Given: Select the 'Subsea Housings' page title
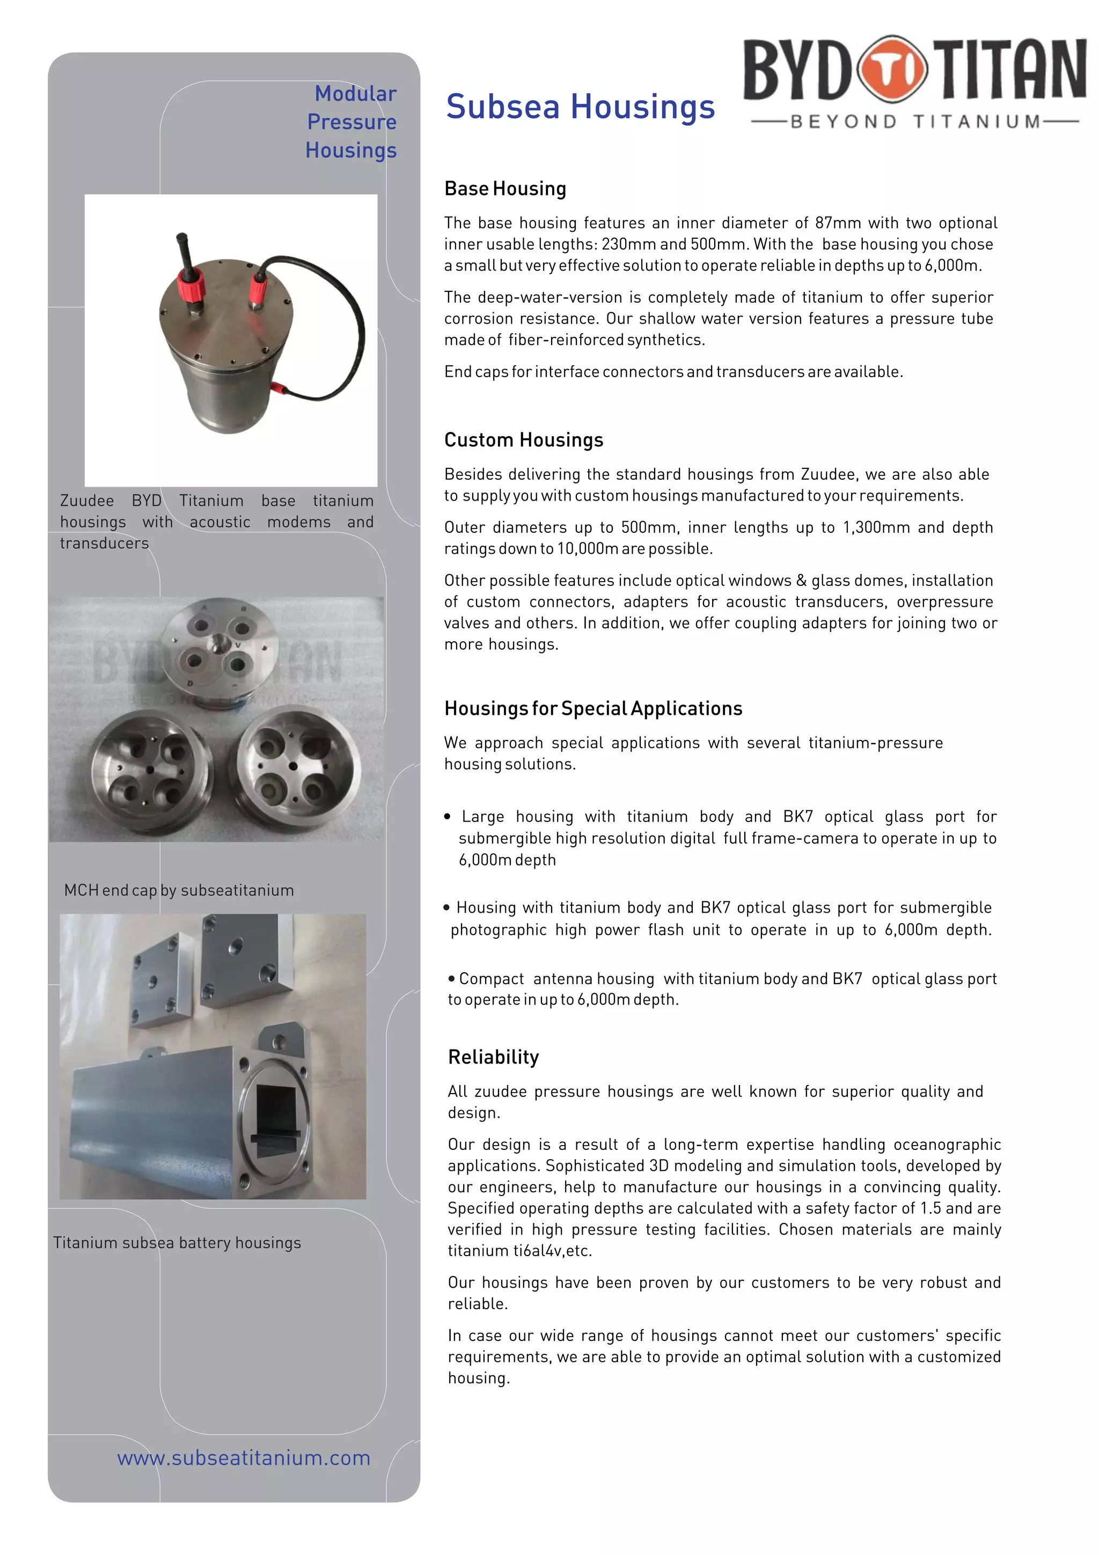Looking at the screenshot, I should pos(580,106).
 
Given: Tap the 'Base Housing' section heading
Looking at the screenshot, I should pos(505,188).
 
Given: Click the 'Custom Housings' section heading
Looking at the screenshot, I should pos(523,439).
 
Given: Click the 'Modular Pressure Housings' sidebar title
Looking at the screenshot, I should pos(351,122).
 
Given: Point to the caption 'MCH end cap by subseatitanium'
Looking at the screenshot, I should pos(179,890).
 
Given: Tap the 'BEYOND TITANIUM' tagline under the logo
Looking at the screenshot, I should pos(915,122).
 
